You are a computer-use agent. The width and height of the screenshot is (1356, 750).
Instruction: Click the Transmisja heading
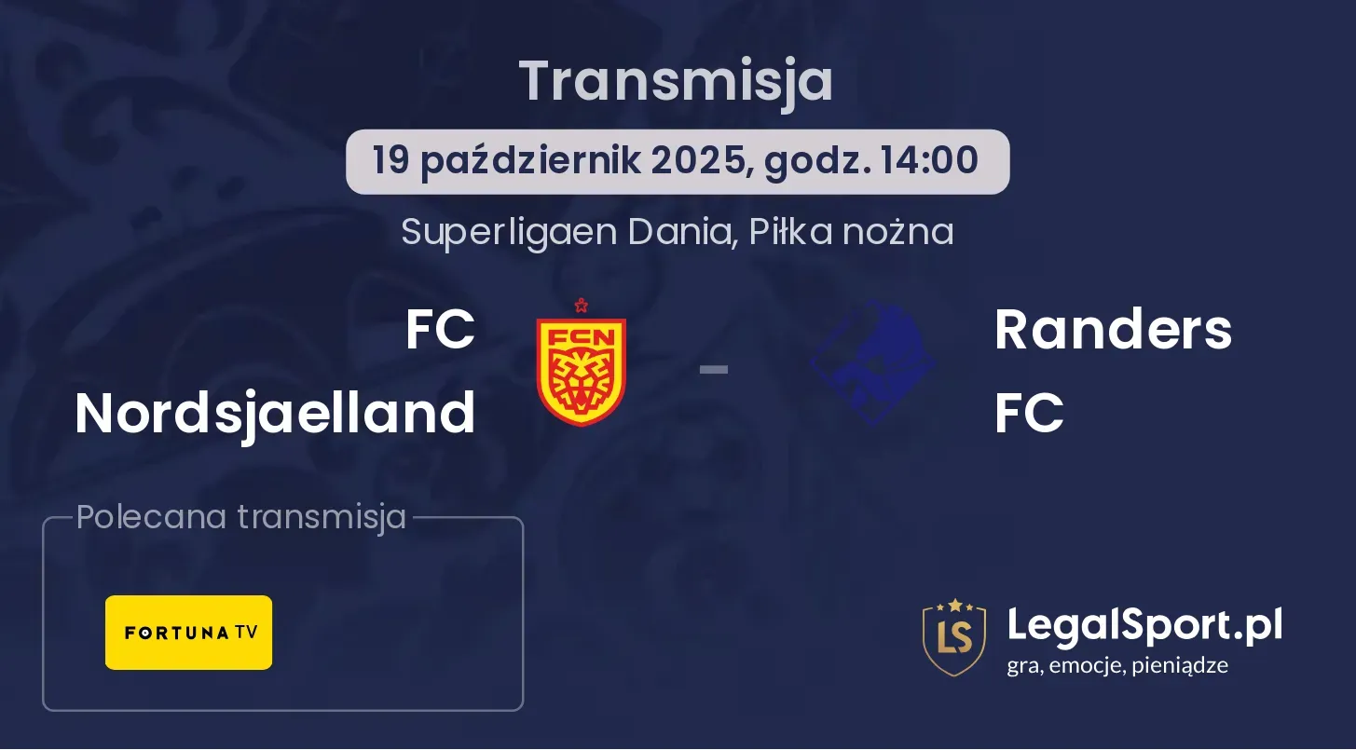tap(676, 82)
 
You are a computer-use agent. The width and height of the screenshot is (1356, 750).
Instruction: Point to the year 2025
tap(702, 161)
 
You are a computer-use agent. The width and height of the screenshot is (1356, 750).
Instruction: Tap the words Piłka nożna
tap(851, 232)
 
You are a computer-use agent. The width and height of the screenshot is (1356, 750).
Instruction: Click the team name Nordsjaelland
tap(275, 415)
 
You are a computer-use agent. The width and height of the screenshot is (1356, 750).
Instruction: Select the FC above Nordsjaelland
tap(440, 330)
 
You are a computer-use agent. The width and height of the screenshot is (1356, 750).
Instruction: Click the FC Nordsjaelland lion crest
tap(582, 370)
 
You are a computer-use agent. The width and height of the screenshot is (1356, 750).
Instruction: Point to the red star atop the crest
tap(582, 306)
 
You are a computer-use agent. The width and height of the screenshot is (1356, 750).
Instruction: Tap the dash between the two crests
tap(714, 369)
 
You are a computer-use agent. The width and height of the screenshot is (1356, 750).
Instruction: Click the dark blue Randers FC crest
tap(873, 363)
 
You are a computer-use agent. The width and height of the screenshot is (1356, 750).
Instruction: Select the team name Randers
tap(1114, 330)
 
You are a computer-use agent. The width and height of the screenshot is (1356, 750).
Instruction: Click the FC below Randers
tap(1029, 414)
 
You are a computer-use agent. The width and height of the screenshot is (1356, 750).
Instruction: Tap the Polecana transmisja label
tap(241, 518)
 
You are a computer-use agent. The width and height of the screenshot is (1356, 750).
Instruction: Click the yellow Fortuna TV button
tap(189, 633)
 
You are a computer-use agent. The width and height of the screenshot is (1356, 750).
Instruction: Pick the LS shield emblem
tap(954, 637)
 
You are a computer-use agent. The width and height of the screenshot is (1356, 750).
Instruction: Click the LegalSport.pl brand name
tap(1144, 626)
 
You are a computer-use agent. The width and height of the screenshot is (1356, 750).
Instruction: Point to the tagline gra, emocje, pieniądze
tap(1117, 666)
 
